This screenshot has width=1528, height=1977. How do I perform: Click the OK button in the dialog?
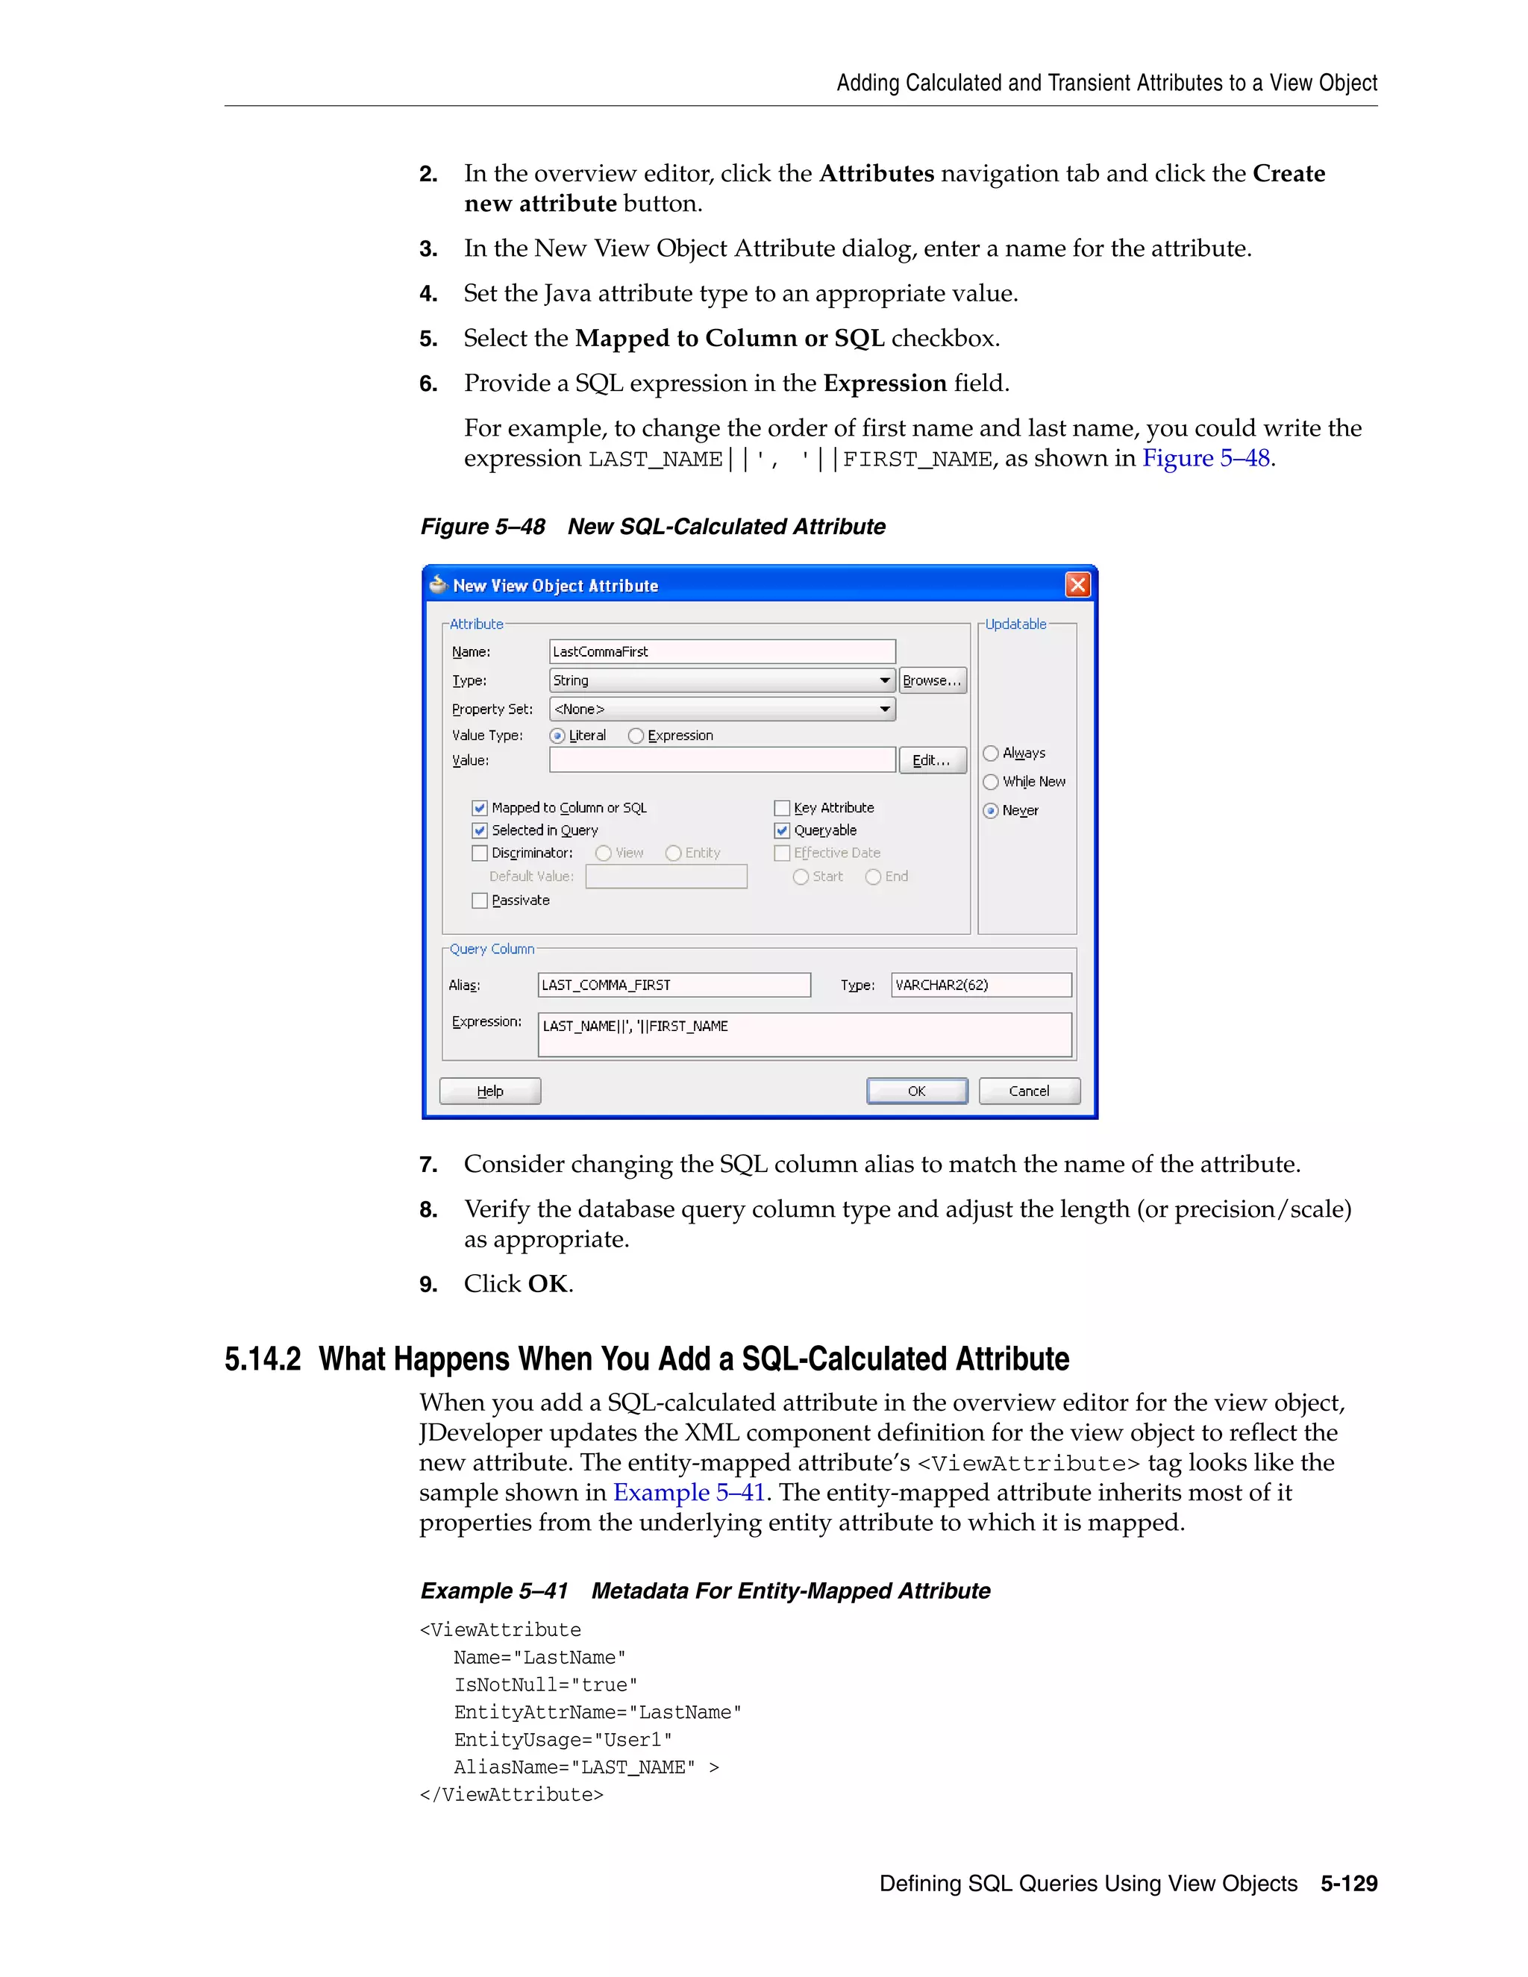(x=916, y=1091)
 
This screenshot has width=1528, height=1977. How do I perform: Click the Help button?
(x=489, y=1091)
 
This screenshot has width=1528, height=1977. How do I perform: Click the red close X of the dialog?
(x=1077, y=585)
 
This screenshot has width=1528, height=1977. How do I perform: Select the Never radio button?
(x=992, y=810)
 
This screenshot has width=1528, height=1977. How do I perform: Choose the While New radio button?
(x=992, y=781)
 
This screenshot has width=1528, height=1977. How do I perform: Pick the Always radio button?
(x=992, y=753)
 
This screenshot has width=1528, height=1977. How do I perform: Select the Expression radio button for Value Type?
(x=636, y=736)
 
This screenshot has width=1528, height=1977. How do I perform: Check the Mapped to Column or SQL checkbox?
(x=480, y=807)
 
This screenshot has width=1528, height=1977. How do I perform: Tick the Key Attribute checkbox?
(x=782, y=807)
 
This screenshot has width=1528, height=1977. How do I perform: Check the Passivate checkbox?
(x=480, y=900)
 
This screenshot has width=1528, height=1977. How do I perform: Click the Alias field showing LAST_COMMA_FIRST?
(x=674, y=985)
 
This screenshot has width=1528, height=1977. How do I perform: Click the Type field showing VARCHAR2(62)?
(x=980, y=985)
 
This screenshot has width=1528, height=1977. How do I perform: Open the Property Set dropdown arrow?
(x=884, y=709)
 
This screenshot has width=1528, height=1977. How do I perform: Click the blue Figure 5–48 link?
(x=1206, y=458)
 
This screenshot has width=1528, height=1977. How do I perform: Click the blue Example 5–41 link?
(x=689, y=1492)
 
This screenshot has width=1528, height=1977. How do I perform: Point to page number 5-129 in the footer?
(x=1348, y=1884)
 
